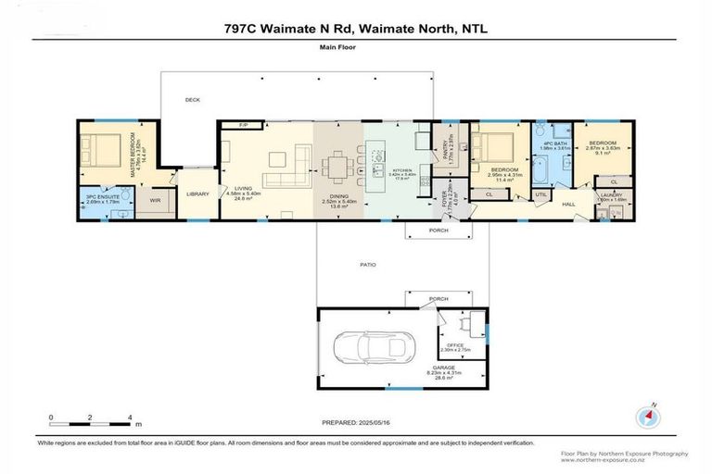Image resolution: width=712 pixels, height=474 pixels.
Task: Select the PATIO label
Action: [x=368, y=265]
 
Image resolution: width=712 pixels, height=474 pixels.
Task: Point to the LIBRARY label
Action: [x=197, y=193]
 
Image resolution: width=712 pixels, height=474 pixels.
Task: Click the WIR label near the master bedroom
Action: [x=156, y=199]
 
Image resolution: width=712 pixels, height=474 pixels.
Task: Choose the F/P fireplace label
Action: [x=244, y=124]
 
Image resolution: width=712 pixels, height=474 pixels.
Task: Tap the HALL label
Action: [x=568, y=205]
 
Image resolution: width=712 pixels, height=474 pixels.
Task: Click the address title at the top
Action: [x=356, y=29]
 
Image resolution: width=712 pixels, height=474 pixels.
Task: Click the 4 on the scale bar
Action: [x=130, y=418]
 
